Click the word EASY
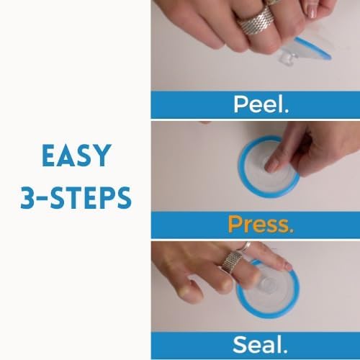[77, 156]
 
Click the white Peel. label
[261, 104]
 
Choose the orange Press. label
[261, 225]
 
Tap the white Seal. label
[260, 345]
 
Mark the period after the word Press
[292, 230]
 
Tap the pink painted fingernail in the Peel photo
[312, 12]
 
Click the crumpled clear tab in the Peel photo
[287, 58]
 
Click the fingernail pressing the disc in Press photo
[271, 167]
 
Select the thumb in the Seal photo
[192, 289]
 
